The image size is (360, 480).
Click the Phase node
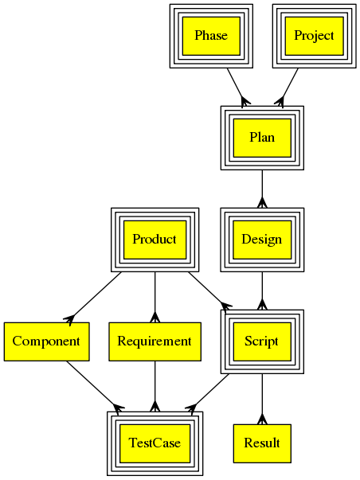coord(211,36)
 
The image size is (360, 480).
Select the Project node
coord(314,36)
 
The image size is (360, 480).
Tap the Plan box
coord(262,138)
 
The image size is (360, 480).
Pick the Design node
coord(262,240)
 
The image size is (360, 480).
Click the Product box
coord(155,240)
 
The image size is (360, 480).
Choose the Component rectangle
coord(46,341)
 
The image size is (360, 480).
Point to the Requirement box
coord(155,341)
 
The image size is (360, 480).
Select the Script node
coord(262,341)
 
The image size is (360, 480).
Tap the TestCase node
coord(155,443)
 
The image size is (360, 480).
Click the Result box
coord(262,443)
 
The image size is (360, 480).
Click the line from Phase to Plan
coord(235,87)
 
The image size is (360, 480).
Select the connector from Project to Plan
coord(288,87)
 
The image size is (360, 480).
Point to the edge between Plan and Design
coord(262,189)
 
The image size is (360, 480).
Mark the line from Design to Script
coord(262,291)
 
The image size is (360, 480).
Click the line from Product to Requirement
coord(155,297)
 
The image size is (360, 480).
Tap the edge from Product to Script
coord(209,291)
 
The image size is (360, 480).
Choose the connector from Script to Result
coord(262,399)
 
